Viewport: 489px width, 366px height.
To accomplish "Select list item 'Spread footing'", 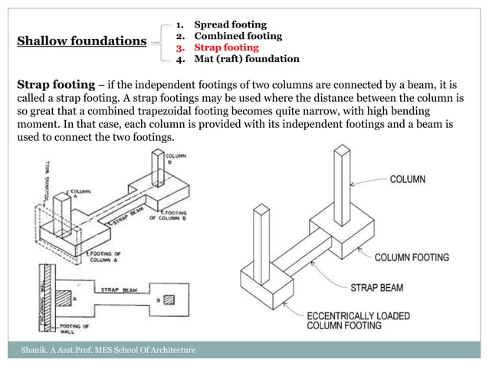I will (227, 25).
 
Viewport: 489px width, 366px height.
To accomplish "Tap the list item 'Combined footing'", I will (238, 36).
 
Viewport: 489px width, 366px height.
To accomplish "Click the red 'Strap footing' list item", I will (226, 47).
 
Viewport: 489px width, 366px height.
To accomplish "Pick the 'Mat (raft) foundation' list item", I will (246, 58).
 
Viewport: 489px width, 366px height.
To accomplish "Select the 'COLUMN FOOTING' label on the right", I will (412, 257).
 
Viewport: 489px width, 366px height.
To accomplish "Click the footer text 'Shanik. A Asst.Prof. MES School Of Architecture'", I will (107, 350).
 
